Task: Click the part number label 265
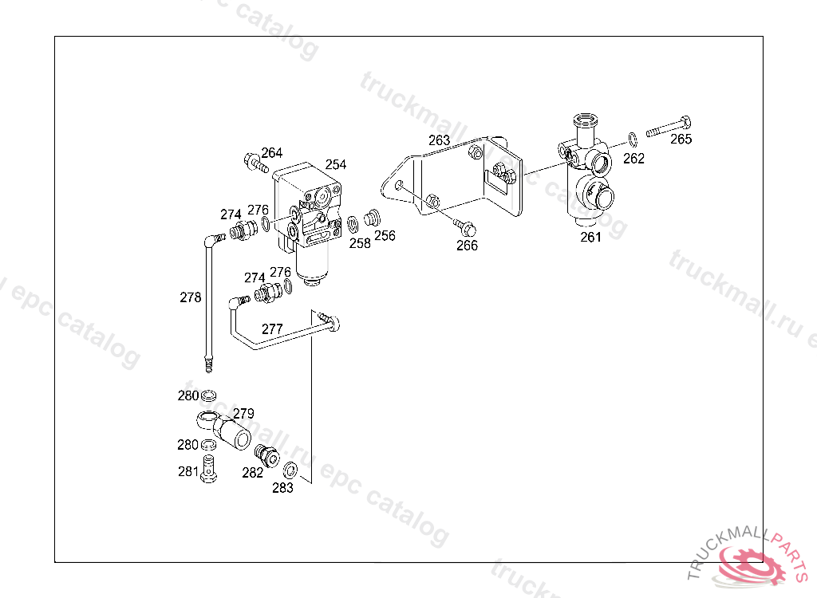point(681,140)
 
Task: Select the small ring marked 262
point(632,140)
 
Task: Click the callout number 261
point(590,237)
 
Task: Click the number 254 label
point(336,164)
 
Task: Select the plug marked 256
point(370,218)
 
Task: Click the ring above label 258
point(352,223)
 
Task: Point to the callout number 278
point(191,297)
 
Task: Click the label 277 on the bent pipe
point(272,329)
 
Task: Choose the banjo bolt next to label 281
point(210,468)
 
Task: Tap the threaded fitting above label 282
point(266,455)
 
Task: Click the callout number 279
point(243,414)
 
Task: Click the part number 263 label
point(439,140)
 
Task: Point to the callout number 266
point(467,246)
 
